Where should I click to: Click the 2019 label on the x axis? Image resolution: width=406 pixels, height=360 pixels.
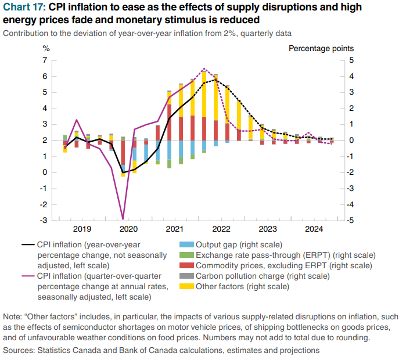pyautogui.click(x=82, y=229)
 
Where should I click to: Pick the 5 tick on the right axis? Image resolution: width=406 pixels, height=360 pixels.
pyautogui.click(x=352, y=60)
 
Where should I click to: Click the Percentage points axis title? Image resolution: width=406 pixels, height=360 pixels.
pyautogui.click(x=321, y=48)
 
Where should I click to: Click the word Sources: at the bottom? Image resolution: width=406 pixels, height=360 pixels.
pyautogui.click(x=20, y=351)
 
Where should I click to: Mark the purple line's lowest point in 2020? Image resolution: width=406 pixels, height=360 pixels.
pyautogui.click(x=123, y=218)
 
